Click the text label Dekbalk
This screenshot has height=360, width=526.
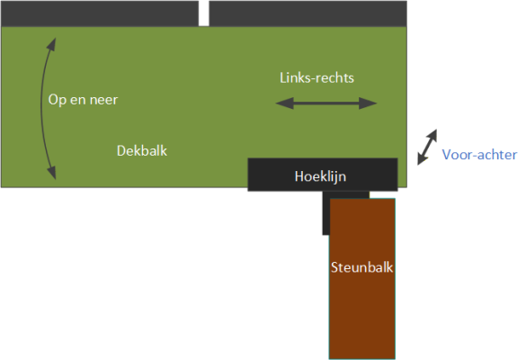click(142, 151)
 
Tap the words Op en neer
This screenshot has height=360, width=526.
click(83, 100)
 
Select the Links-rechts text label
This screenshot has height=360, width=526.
click(317, 78)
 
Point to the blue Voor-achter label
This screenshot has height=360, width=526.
click(479, 155)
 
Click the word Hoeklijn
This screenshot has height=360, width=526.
click(320, 176)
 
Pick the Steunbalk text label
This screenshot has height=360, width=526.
click(362, 267)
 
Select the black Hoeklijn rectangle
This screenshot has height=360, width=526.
click(323, 175)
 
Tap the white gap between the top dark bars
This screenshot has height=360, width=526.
click(203, 13)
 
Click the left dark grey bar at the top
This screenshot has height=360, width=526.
click(100, 13)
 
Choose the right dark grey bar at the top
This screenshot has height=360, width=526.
click(308, 13)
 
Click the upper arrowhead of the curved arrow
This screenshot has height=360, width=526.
click(51, 44)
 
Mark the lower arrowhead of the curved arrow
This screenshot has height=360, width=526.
click(51, 173)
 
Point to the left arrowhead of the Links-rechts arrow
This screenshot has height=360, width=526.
click(284, 103)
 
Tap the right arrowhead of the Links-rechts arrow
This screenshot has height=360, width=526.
click(368, 103)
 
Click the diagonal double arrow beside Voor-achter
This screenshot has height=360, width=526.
click(427, 147)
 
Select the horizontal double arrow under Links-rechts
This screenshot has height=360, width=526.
click(326, 103)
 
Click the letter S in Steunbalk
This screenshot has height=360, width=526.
click(334, 267)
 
